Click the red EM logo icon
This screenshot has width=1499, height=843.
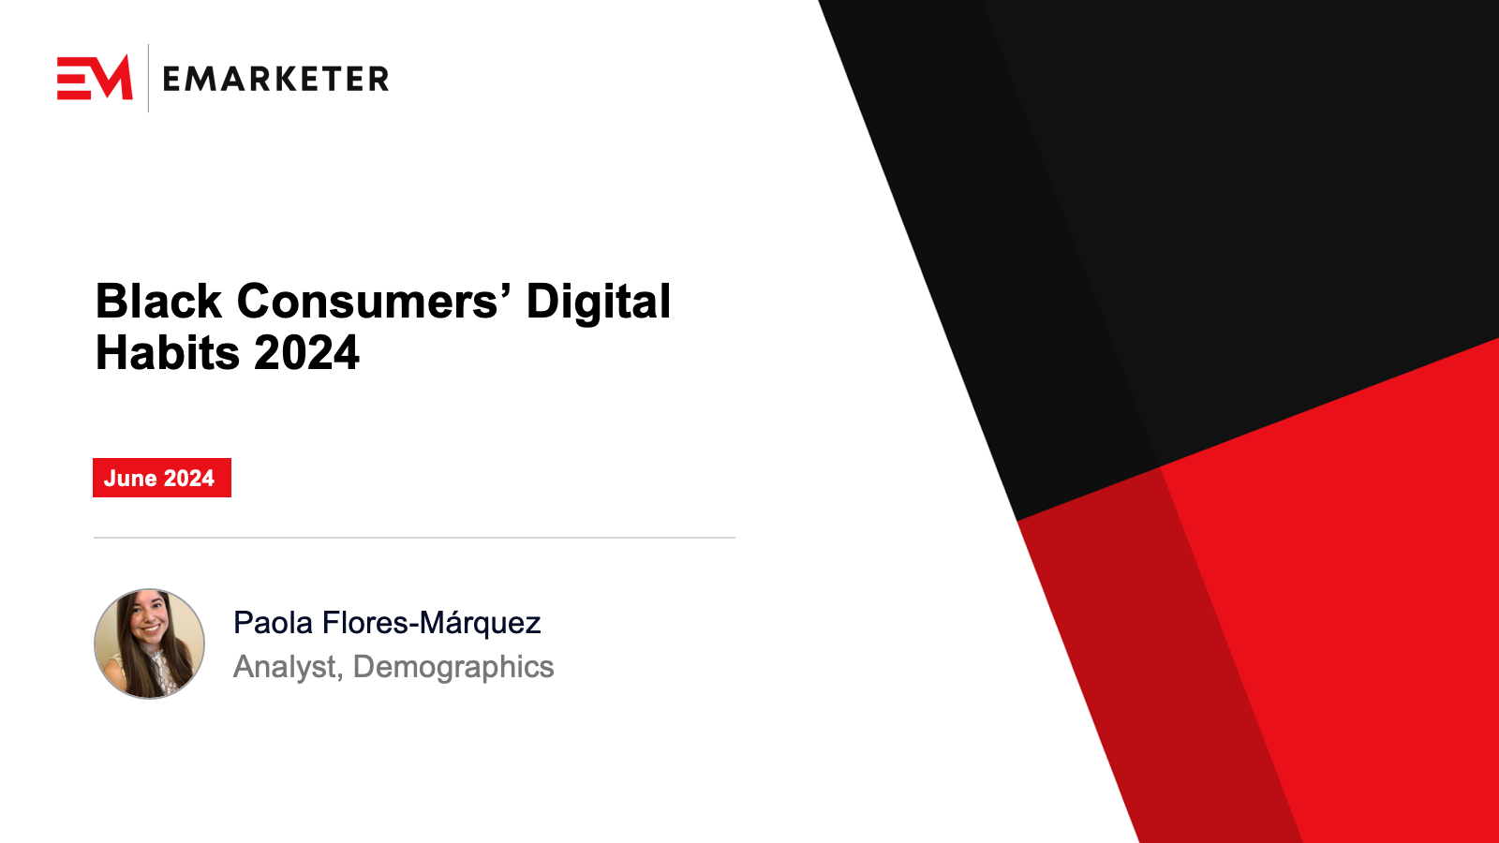click(95, 78)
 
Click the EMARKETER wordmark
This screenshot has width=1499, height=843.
click(275, 79)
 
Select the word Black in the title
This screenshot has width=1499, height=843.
click(158, 301)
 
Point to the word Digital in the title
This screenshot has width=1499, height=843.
click(599, 302)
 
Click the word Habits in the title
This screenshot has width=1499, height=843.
click(168, 352)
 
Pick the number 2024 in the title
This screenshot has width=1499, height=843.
click(306, 352)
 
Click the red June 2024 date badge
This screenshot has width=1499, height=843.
click(162, 478)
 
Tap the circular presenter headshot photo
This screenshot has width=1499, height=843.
click(149, 643)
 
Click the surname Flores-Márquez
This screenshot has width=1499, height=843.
click(432, 624)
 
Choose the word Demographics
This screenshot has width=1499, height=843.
click(453, 668)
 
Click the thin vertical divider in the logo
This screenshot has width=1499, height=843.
click(148, 78)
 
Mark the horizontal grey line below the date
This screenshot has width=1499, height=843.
click(414, 538)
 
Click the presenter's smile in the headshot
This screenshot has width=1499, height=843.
click(150, 629)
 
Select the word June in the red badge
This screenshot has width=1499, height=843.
click(130, 479)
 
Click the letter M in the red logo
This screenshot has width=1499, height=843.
click(111, 78)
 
